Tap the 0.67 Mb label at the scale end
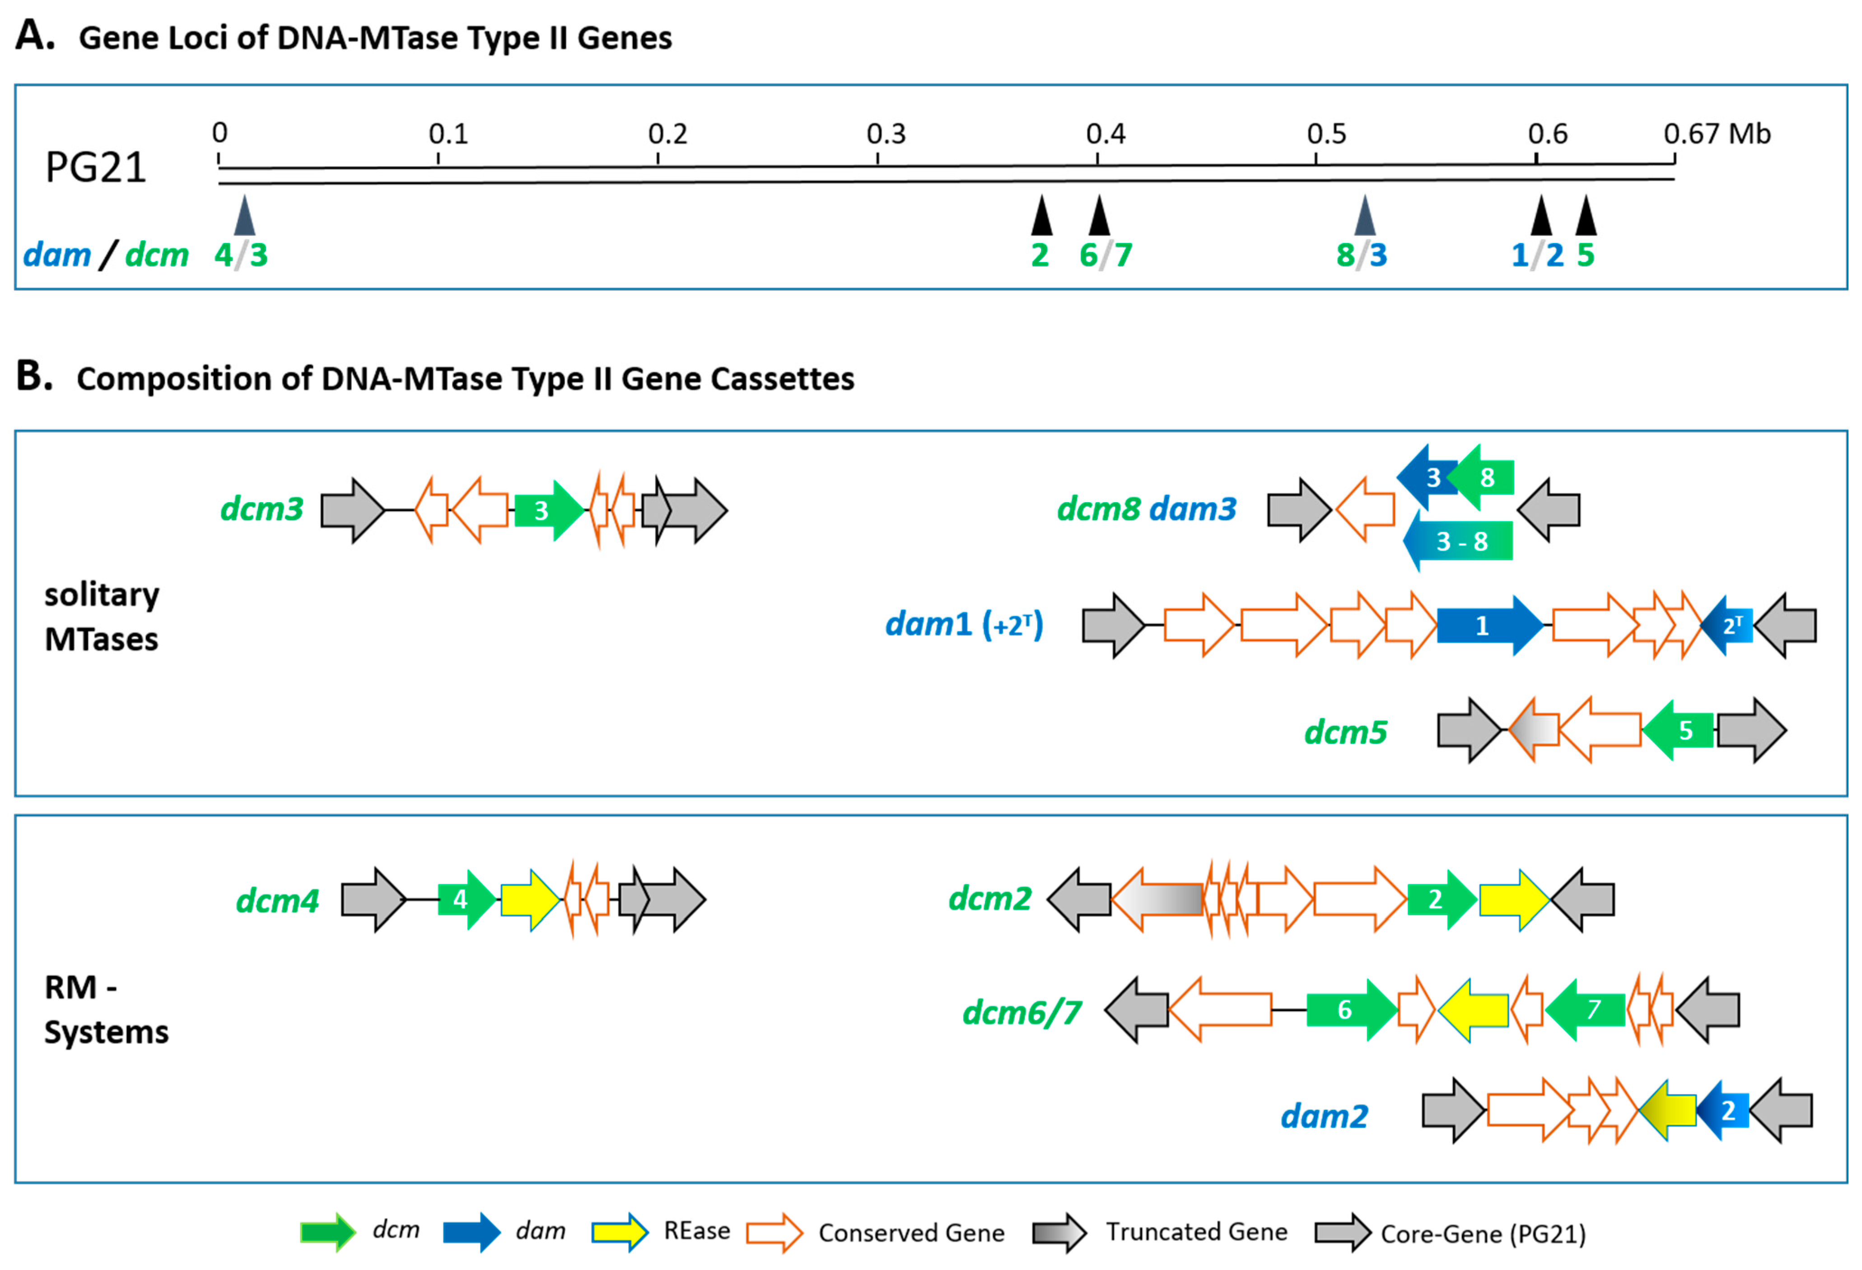click(1716, 134)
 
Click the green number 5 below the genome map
click(1586, 256)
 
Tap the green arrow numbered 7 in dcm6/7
click(1587, 1009)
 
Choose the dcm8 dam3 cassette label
click(1146, 509)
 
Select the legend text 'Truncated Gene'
click(1196, 1232)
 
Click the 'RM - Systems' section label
click(106, 1009)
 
